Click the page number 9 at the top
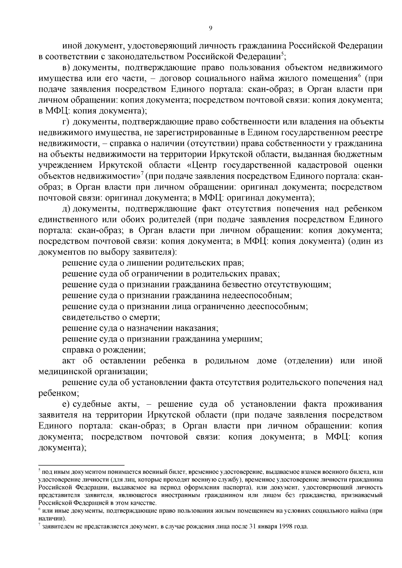click(210, 28)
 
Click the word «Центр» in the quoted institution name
click(205, 165)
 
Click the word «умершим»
click(241, 339)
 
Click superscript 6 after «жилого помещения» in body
click(358, 76)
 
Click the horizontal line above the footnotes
click(81, 465)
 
